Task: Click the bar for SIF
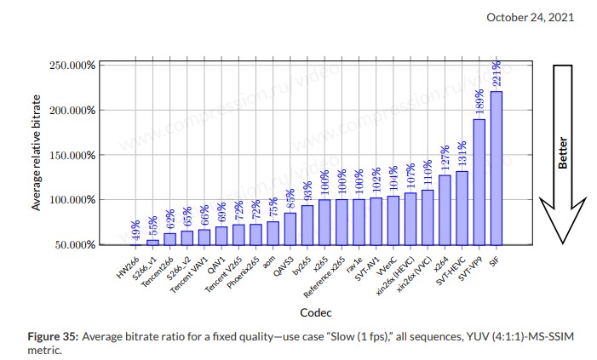tap(497, 168)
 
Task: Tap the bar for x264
tap(445, 209)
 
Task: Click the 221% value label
tap(496, 75)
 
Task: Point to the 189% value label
tap(479, 103)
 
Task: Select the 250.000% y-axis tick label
tap(72, 66)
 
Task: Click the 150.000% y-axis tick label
tap(72, 155)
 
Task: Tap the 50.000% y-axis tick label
tap(74, 245)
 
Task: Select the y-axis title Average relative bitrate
tap(36, 154)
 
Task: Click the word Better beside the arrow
tap(562, 154)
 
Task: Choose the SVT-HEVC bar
tap(462, 208)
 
